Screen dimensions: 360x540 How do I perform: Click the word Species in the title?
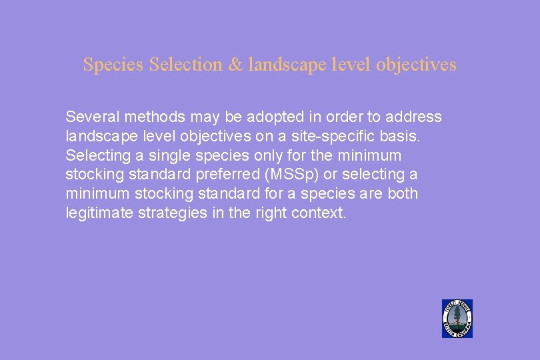tap(113, 65)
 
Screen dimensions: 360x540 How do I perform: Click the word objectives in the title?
tap(416, 65)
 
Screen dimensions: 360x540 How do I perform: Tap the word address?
tap(413, 117)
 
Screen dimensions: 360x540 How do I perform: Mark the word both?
tap(402, 194)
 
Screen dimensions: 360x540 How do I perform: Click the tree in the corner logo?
tap(457, 317)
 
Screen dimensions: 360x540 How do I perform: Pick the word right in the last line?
tap(271, 213)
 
